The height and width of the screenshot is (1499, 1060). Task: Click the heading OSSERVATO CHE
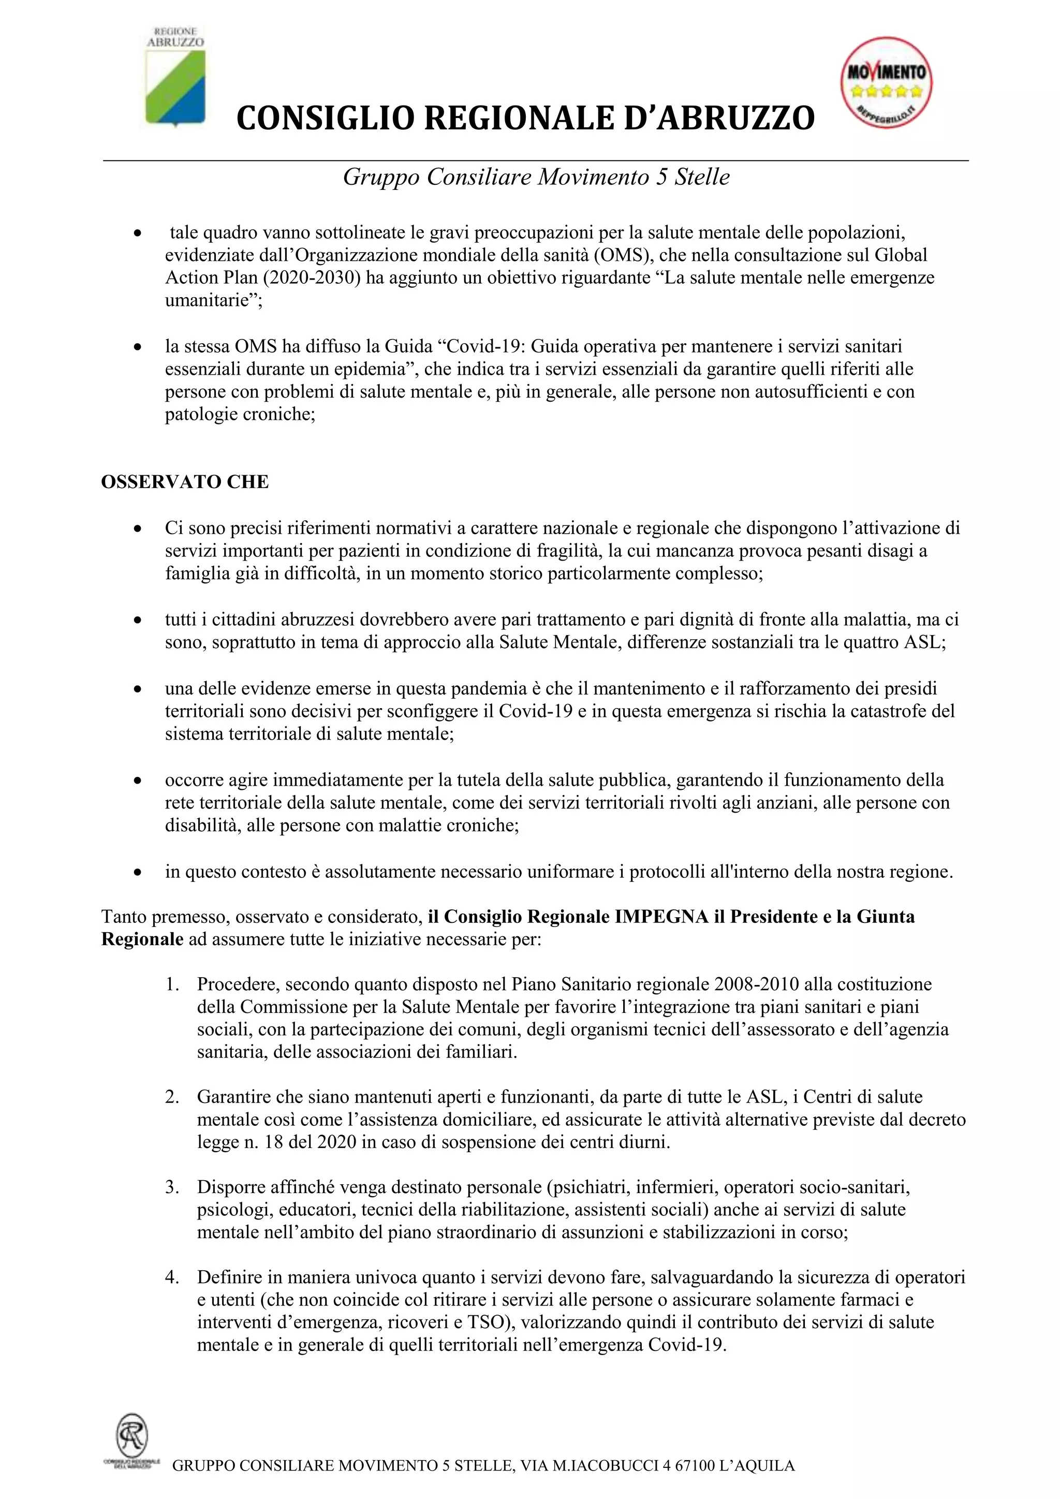coord(185,482)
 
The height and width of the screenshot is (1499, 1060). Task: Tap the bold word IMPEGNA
coord(661,917)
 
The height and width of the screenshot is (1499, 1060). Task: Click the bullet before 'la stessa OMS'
coord(137,347)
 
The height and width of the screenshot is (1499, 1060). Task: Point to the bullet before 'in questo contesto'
coord(137,872)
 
